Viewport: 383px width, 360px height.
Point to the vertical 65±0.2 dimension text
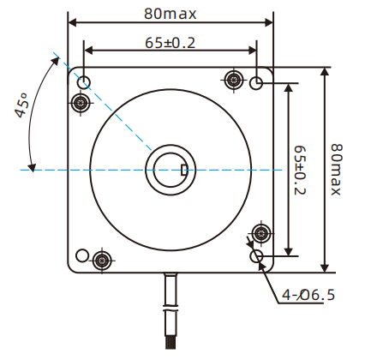(x=301, y=170)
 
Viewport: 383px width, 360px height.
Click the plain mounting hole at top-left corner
(x=85, y=82)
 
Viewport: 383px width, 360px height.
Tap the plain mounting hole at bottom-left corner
(x=82, y=255)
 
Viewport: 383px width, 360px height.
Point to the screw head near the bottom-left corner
(x=103, y=260)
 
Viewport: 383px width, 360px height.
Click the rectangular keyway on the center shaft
(x=185, y=169)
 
